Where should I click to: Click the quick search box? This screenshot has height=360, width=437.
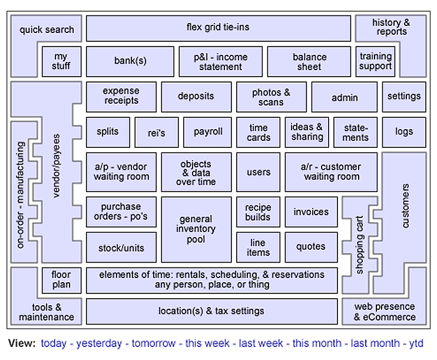pos(47,29)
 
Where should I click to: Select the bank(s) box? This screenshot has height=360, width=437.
pos(130,61)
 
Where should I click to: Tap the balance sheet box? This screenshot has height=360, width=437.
pos(309,62)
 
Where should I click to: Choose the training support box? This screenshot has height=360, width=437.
pos(376,61)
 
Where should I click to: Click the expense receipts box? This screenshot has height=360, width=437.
pos(121,96)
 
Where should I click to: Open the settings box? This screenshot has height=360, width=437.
pos(403,96)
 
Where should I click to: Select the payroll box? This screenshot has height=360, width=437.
pos(208,132)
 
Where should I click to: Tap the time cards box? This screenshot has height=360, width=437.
pos(259,133)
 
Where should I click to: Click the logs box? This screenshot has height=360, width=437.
pos(403,132)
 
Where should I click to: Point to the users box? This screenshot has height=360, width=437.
pos(259,172)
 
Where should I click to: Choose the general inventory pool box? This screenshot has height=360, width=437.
pos(196,229)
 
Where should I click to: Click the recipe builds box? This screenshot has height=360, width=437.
pos(259,212)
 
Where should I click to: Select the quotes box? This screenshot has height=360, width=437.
pos(311,247)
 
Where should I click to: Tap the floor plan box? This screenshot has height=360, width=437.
pos(61,280)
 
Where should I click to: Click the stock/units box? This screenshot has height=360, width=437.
pos(121,247)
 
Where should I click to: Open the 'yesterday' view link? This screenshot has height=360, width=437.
pos(99,344)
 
